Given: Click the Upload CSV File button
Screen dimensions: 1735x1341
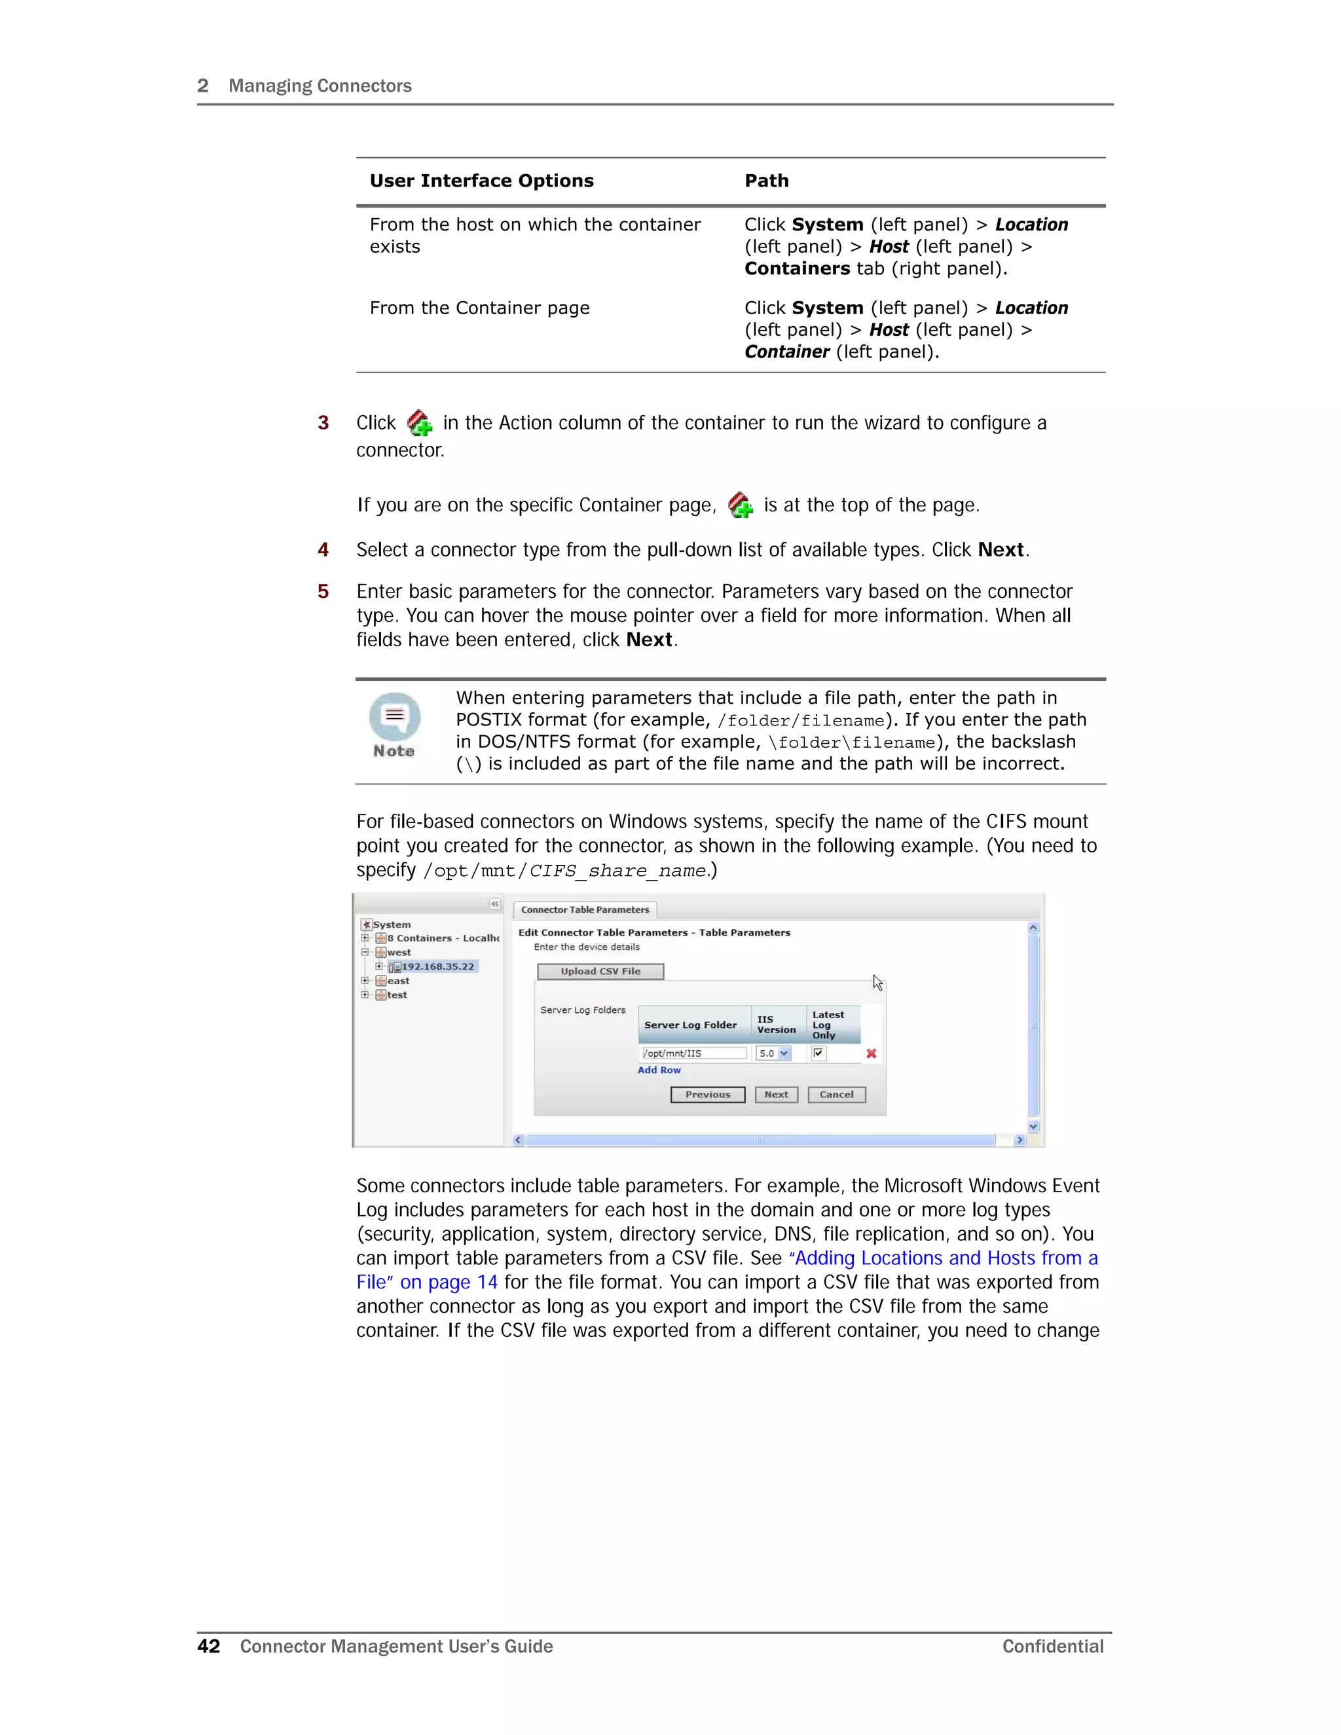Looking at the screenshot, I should [x=600, y=971].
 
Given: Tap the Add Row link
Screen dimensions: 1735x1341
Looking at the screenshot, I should [x=659, y=1070].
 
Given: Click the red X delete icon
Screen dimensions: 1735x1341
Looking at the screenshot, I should [x=871, y=1053].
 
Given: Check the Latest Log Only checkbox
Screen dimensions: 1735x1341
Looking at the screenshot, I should [x=818, y=1053].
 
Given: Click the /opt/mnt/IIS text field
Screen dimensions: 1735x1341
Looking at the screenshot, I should [x=693, y=1053].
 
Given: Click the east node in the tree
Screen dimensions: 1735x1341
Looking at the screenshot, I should [x=398, y=980].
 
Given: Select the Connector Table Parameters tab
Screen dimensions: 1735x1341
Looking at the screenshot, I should [x=585, y=909].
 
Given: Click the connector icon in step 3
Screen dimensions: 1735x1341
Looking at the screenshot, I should [x=420, y=423].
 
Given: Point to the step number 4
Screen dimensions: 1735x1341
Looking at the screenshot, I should [x=323, y=550].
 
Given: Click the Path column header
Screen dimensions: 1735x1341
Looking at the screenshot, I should [x=766, y=181].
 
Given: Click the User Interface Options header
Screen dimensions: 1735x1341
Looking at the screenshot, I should [x=481, y=181].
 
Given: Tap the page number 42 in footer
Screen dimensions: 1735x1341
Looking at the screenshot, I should [x=208, y=1646].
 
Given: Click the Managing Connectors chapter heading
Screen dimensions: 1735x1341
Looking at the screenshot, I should [x=320, y=86].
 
